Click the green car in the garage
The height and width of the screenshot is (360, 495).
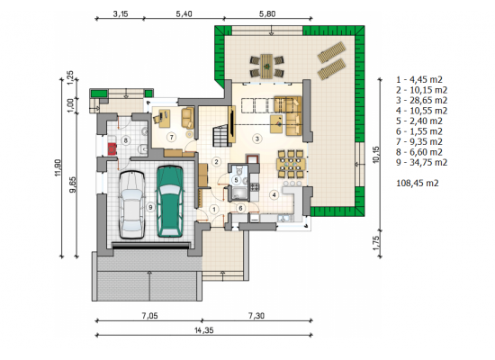(170, 202)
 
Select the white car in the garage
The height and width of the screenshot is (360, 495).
(132, 205)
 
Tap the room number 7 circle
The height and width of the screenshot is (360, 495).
(172, 138)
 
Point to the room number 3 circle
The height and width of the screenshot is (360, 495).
(257, 139)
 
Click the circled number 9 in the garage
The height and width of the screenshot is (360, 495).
(150, 207)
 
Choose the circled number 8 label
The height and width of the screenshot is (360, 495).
(126, 139)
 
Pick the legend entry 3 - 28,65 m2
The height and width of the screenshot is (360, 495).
(422, 101)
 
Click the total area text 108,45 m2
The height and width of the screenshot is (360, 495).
(418, 184)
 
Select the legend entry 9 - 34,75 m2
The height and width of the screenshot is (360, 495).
(422, 163)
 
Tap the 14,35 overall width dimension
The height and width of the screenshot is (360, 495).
(204, 330)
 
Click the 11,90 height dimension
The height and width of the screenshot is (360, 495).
(58, 167)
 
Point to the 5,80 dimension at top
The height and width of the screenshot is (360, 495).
(267, 13)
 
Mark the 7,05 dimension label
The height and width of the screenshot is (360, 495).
(149, 316)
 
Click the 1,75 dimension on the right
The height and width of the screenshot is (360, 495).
(376, 243)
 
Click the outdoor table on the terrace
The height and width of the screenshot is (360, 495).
(266, 67)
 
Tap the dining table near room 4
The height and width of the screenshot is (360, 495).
(291, 164)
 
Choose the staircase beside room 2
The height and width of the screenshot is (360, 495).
(221, 136)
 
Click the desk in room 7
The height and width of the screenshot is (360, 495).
(165, 119)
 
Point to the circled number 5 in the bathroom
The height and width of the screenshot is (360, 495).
(236, 180)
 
